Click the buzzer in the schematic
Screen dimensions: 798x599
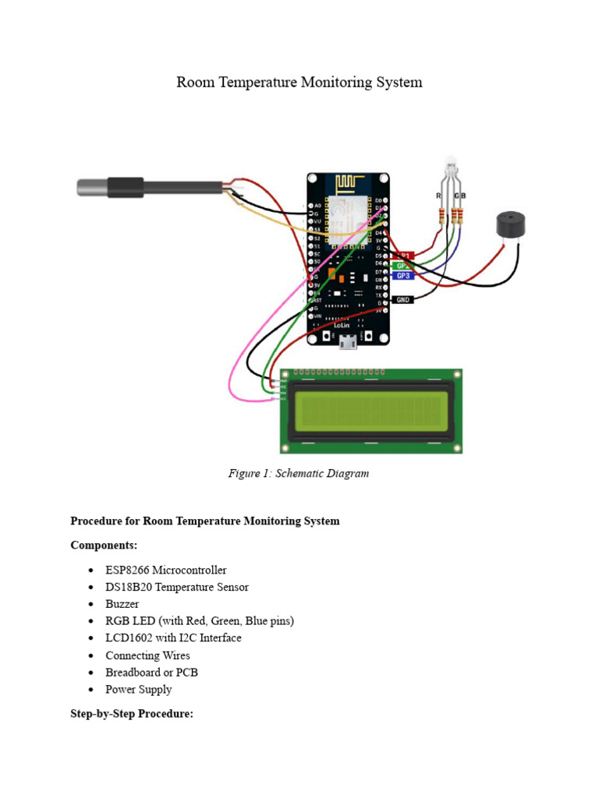[511, 225]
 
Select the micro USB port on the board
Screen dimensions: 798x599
[348, 341]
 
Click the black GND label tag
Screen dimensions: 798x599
[402, 299]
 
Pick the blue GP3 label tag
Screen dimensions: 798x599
[402, 276]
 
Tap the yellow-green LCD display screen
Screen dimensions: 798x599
[371, 411]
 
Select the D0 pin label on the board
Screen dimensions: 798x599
[379, 201]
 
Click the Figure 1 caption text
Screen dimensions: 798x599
[298, 473]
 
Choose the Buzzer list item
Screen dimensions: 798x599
[122, 604]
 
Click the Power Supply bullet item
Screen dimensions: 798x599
[139, 689]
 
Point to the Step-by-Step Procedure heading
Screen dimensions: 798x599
[132, 714]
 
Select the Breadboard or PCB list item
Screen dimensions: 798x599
[157, 672]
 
